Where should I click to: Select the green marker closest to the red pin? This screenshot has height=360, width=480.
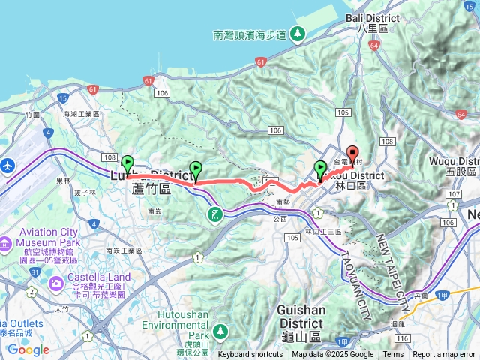321,169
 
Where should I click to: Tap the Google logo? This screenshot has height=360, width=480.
28,349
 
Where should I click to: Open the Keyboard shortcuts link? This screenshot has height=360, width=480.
250,355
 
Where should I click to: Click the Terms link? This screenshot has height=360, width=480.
392,355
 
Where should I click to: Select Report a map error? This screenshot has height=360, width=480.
443,355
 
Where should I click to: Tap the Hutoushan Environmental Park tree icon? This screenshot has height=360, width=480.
220,330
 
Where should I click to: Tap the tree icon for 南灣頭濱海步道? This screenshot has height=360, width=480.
298,34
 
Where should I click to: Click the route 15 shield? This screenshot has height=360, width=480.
63,97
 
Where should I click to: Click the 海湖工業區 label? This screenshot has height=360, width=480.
81,113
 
